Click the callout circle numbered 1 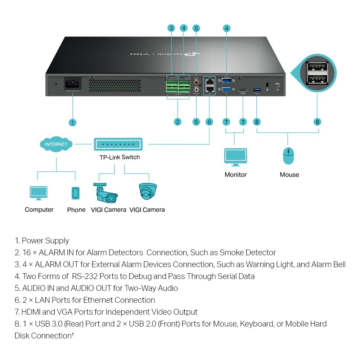(x=72, y=122)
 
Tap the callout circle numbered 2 (x=177, y=122)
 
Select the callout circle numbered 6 (x=209, y=122)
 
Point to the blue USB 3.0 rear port (x=257, y=89)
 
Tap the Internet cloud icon (x=56, y=144)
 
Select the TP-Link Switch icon (x=118, y=144)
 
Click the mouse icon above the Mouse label (x=288, y=156)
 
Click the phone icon (x=76, y=193)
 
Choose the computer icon (x=39, y=193)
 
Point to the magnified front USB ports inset (x=317, y=71)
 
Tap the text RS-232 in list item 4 (x=84, y=276)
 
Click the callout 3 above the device (x=171, y=28)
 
